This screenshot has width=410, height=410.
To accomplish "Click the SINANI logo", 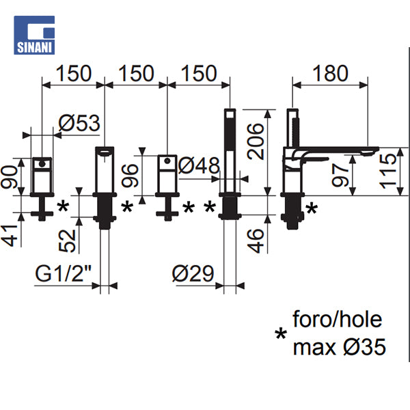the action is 34,35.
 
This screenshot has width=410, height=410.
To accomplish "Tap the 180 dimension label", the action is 330,73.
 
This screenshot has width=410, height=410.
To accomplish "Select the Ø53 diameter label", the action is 79,123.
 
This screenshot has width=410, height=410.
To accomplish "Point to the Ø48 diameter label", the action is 199,165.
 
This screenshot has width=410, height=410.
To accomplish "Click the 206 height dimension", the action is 256,141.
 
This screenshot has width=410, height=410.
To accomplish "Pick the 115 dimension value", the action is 388,171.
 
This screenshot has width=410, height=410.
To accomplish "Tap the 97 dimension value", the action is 340,175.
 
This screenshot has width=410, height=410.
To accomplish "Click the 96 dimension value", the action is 130,176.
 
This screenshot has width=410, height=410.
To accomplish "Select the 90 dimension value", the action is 9,177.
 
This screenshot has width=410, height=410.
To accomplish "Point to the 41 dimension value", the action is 9,236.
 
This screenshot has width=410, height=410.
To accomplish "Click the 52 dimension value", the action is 67,241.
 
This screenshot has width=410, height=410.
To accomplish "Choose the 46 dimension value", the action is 256,241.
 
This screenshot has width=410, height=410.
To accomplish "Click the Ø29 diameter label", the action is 193,273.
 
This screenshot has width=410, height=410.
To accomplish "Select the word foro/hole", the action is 338,319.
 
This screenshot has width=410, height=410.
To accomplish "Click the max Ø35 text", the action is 340,346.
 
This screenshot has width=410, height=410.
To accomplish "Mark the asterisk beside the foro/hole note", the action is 281,333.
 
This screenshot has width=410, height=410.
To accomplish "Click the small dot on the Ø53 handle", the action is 42,164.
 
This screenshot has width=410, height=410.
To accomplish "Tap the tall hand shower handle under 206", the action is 230,151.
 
